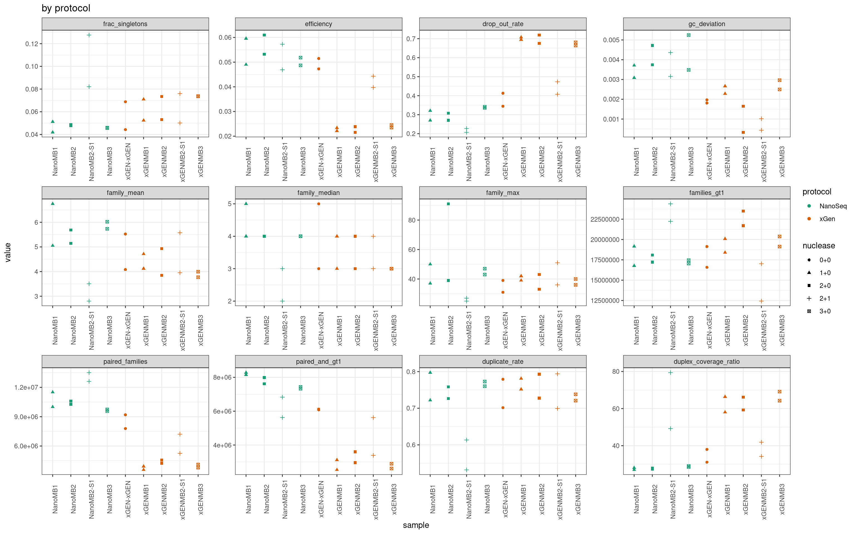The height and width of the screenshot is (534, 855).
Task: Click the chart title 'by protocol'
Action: (66, 8)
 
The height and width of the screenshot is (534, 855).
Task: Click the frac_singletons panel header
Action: (125, 24)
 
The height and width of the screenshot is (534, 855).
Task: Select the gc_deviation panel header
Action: (707, 24)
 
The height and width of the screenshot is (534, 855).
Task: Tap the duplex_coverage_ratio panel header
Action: (707, 362)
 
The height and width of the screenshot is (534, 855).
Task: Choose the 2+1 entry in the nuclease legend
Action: (825, 298)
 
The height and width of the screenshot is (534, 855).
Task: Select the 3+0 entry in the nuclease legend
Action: (825, 311)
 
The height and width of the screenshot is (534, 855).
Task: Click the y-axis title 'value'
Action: (8, 252)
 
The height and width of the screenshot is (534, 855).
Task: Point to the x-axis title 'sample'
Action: (416, 525)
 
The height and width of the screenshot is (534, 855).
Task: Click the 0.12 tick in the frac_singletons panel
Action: (31, 44)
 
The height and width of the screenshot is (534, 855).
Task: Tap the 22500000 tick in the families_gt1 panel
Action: (605, 219)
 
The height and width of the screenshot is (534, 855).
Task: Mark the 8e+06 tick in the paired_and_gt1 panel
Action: (222, 377)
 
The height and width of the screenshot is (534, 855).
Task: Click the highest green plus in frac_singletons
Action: (89, 35)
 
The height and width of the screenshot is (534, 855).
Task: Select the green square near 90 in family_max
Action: (448, 204)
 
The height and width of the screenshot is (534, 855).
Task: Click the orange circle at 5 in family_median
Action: (319, 204)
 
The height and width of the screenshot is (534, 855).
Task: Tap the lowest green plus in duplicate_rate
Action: (466, 470)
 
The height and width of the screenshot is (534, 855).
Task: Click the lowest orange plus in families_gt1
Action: (761, 301)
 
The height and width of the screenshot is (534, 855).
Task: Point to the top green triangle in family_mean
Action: (53, 203)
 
